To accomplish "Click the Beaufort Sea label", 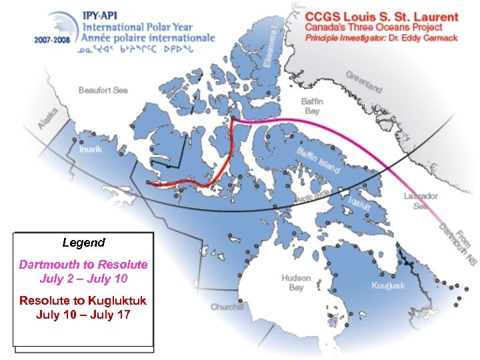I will (103, 90).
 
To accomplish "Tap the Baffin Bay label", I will (312, 106).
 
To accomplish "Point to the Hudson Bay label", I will (296, 283).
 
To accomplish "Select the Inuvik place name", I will (91, 149).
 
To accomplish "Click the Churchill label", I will (228, 307).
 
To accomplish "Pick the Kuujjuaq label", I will (388, 285).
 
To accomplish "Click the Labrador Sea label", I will (421, 201).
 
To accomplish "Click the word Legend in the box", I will (83, 243).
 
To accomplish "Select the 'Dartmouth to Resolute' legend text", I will (83, 265).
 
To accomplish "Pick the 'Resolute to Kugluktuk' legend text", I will (83, 300).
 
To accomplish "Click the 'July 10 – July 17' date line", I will (83, 313).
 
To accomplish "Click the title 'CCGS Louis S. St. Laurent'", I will (382, 17).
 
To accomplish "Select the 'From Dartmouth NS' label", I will (454, 240).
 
